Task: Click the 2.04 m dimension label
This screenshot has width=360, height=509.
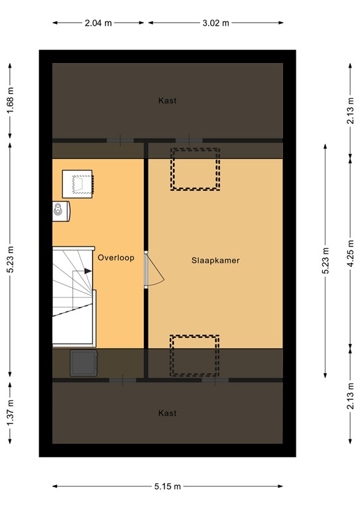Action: [x=98, y=23]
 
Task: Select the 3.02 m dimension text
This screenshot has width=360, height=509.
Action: [x=216, y=23]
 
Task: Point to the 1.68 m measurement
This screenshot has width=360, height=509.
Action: [x=11, y=101]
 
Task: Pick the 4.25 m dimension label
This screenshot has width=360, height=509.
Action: [x=351, y=254]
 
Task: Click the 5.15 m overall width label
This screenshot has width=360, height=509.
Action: [x=167, y=486]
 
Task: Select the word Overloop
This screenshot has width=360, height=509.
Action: [x=116, y=258]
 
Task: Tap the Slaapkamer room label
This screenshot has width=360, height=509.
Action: [x=215, y=260]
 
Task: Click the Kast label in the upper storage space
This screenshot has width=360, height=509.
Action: [x=168, y=101]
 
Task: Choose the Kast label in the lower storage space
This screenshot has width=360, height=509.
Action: [x=168, y=414]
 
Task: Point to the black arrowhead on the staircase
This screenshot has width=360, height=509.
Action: [x=88, y=270]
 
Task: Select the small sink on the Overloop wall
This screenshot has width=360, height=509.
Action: [x=61, y=211]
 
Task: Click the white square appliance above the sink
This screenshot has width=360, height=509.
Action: [x=78, y=184]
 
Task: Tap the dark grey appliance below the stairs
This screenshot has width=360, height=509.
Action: [x=84, y=363]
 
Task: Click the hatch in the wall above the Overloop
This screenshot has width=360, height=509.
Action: [x=120, y=141]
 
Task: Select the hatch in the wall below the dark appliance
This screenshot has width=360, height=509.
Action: [x=123, y=380]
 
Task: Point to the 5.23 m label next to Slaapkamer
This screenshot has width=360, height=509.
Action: [x=326, y=260]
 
